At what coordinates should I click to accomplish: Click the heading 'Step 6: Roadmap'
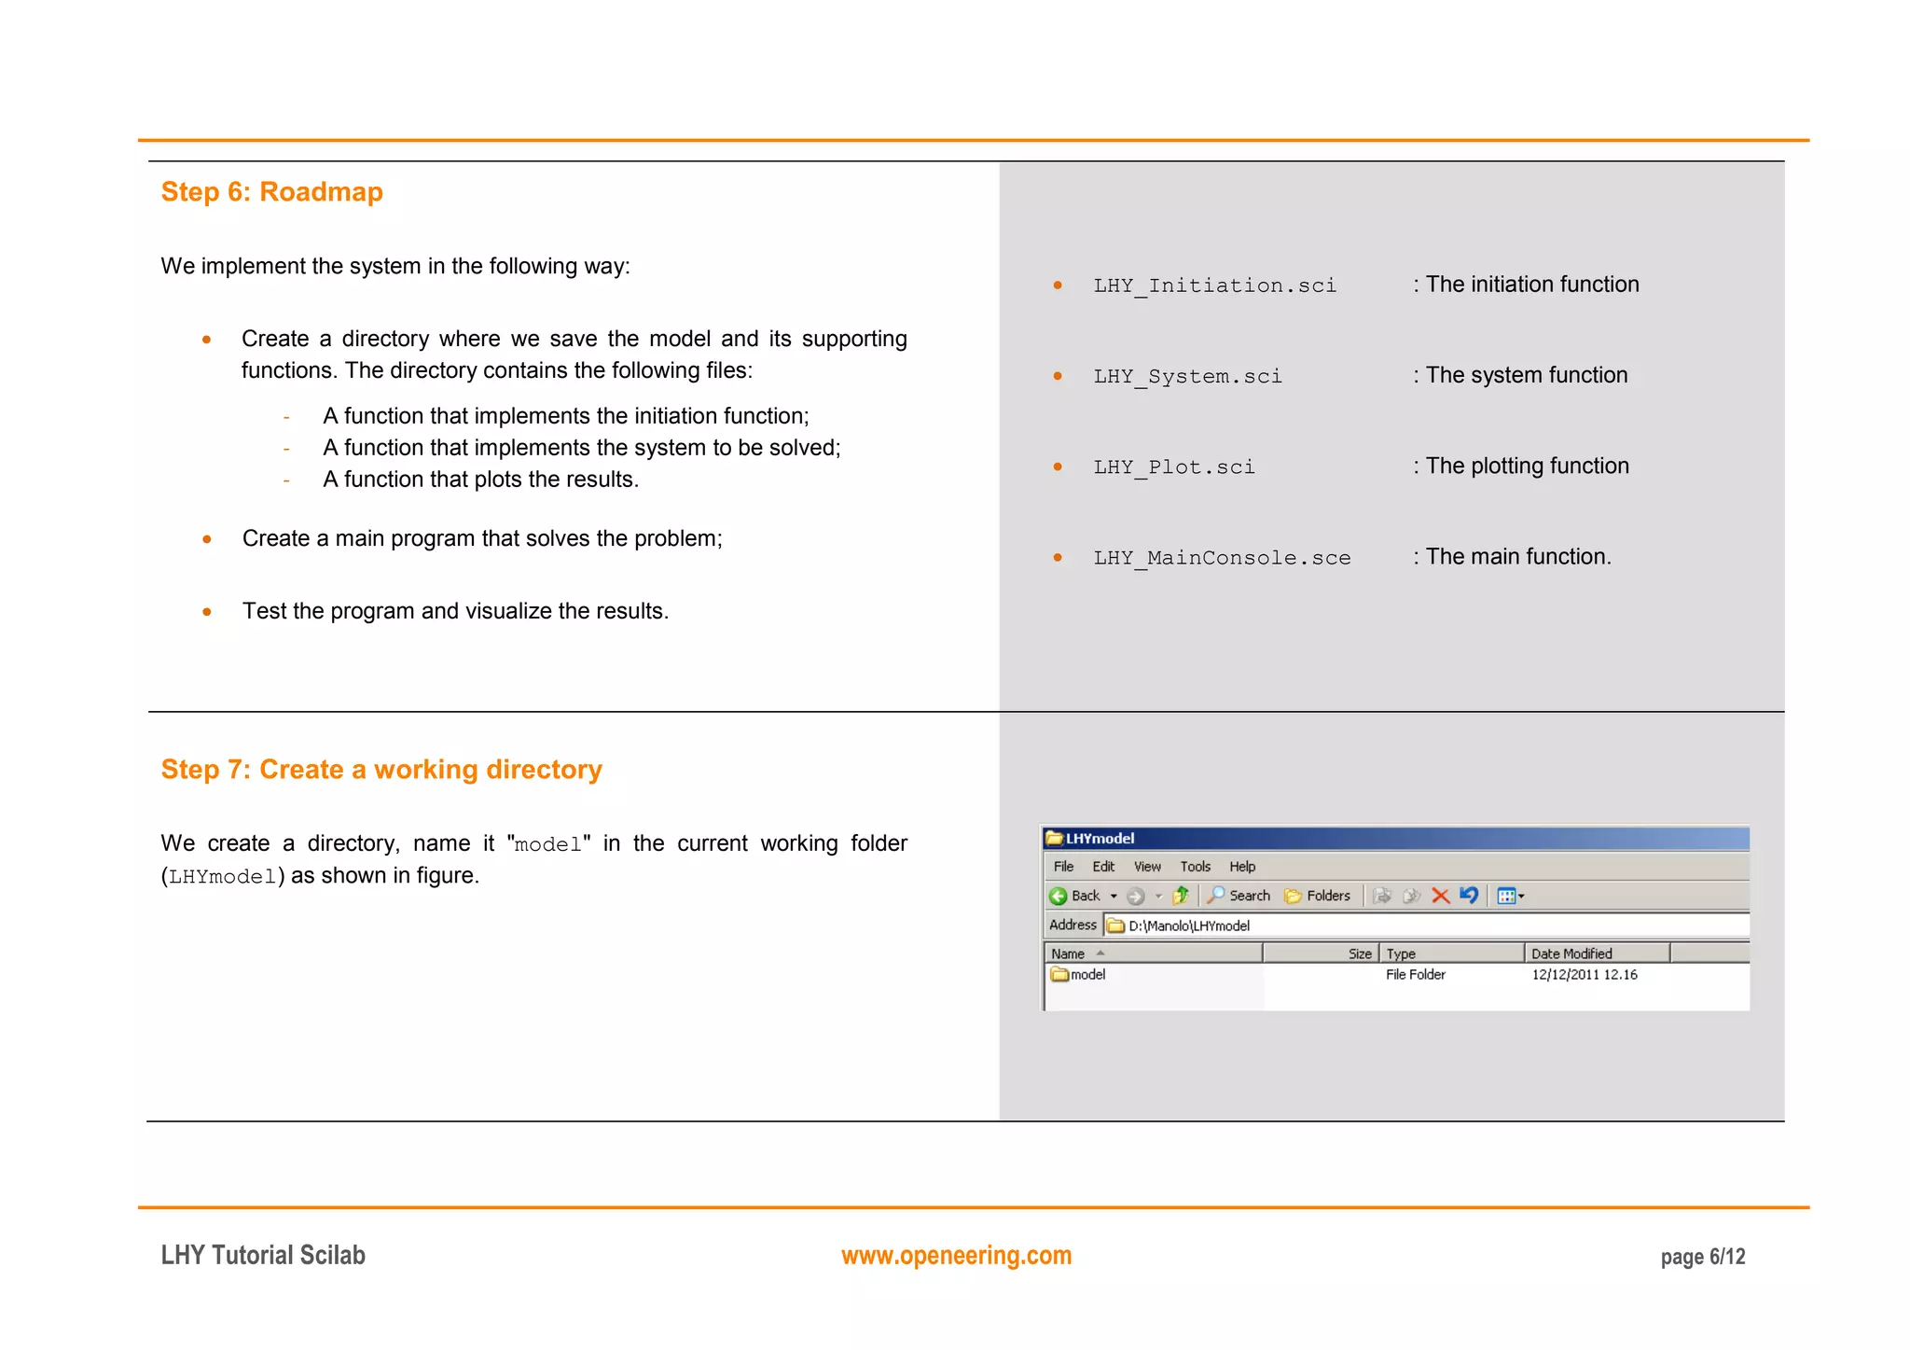click(x=271, y=191)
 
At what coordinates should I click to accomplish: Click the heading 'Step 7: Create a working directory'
click(x=381, y=770)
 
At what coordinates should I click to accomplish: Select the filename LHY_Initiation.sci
click(x=1214, y=285)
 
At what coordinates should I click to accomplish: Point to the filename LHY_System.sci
click(x=1187, y=376)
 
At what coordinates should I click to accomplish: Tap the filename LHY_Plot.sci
click(x=1173, y=466)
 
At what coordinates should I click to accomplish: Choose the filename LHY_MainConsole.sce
click(x=1222, y=558)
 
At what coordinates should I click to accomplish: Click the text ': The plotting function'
click(x=1521, y=466)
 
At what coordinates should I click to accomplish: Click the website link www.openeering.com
click(x=956, y=1256)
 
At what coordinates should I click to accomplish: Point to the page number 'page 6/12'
click(x=1702, y=1257)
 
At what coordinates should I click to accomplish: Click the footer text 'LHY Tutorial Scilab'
click(x=263, y=1256)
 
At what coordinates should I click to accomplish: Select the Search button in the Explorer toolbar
click(x=1239, y=896)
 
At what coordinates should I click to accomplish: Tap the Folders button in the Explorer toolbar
click(x=1318, y=896)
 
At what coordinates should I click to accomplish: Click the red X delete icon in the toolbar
click(x=1440, y=896)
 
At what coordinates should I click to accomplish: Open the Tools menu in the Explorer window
click(x=1195, y=867)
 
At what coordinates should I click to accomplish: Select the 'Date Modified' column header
click(x=1571, y=953)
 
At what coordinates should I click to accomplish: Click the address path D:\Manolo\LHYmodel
click(x=1188, y=926)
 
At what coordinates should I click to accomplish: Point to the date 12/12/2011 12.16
click(x=1584, y=975)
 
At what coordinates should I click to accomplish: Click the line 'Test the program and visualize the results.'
click(x=455, y=611)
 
